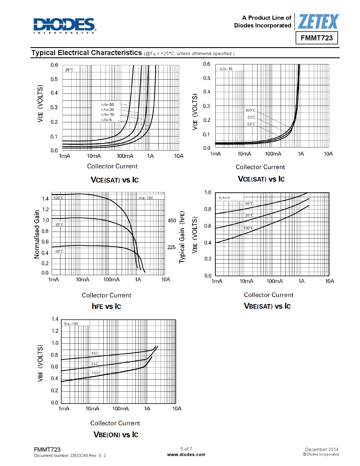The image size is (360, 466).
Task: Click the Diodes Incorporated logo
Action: [x=65, y=25]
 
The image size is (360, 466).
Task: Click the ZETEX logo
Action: [x=318, y=22]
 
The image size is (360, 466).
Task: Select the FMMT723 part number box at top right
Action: [x=317, y=38]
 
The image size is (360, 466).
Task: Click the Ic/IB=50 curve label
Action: [x=108, y=104]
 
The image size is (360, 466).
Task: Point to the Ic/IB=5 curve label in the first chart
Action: [x=106, y=120]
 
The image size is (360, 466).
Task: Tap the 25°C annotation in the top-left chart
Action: [x=69, y=70]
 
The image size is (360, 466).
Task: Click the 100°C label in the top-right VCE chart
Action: [x=250, y=110]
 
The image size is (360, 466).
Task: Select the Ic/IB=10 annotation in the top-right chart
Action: [x=226, y=69]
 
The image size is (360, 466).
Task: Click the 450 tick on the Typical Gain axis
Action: [x=172, y=221]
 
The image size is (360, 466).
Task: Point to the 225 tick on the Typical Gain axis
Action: [x=171, y=247]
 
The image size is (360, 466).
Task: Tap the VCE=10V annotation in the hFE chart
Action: [x=146, y=198]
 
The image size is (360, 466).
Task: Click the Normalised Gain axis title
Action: [x=37, y=234]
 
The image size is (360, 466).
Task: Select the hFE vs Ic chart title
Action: [x=106, y=306]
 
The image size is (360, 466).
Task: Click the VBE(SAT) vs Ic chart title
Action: [x=267, y=306]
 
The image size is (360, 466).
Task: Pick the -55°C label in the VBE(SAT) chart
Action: [x=249, y=203]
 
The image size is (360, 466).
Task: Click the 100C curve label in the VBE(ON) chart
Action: [x=96, y=373]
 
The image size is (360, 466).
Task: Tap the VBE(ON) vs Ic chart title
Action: [x=116, y=435]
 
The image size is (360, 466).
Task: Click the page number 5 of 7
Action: [x=186, y=449]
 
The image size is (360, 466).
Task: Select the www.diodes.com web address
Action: [x=186, y=455]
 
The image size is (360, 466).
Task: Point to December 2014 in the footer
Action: [x=322, y=449]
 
